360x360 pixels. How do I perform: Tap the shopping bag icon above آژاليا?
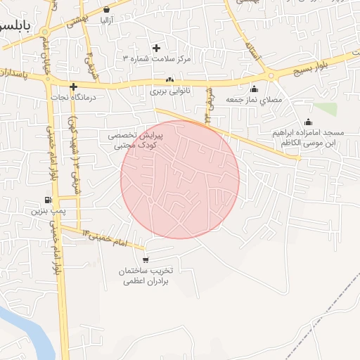[106, 10]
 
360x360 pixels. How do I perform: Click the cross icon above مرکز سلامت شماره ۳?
[156, 48]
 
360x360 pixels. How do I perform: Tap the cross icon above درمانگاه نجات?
[72, 87]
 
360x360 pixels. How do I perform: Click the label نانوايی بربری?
[169, 91]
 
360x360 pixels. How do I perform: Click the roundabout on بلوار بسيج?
[271, 76]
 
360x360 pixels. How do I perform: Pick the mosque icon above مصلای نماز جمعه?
[254, 89]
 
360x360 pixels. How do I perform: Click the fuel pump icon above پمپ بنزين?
[47, 199]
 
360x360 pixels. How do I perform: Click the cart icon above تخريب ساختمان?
[145, 260]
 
